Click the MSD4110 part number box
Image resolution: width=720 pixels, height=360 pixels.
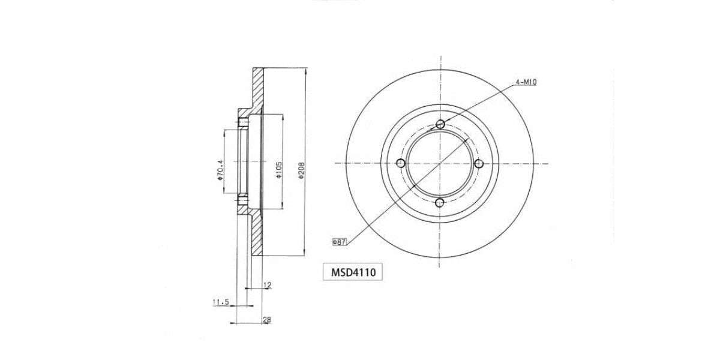pos(353,272)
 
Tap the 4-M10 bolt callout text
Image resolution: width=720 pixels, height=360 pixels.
pos(526,82)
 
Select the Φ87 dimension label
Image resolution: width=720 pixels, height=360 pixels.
pos(340,242)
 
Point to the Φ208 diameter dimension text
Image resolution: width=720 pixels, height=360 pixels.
pos(301,170)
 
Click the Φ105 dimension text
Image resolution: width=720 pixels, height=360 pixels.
pos(278,170)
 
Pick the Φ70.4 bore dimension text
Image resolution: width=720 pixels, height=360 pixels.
pos(220,170)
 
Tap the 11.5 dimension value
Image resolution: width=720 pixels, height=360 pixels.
pos(221,302)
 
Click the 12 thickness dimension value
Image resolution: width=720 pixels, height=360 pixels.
pos(268,285)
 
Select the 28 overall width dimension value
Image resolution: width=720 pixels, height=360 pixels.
pos(267,320)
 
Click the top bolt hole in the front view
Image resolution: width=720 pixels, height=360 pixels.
pos(440,124)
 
